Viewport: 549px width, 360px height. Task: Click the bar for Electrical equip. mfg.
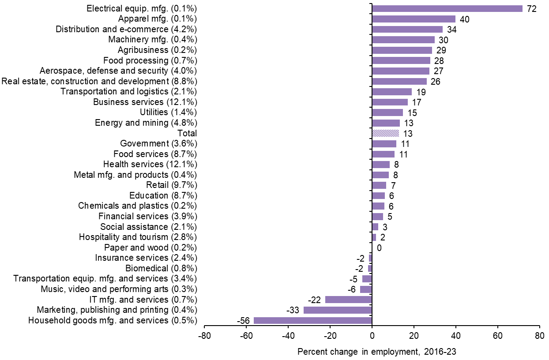447,8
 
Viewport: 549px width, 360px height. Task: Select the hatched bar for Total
385,133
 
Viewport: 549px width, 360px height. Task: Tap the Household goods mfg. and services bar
313,320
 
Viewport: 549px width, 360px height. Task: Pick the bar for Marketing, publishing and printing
338,310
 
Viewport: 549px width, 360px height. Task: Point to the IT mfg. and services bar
349,300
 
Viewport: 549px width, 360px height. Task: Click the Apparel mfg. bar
414,19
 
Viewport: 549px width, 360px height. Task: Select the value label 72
531,9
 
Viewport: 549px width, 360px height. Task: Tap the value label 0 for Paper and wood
379,248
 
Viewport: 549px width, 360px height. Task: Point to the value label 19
421,92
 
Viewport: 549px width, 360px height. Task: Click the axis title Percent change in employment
376,352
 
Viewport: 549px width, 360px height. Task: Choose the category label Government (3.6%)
158,143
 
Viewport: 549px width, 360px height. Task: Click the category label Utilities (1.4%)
168,112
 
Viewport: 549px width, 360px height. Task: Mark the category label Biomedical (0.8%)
161,268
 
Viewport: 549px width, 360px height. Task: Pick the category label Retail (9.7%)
171,185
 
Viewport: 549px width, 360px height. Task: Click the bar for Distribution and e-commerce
407,29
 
